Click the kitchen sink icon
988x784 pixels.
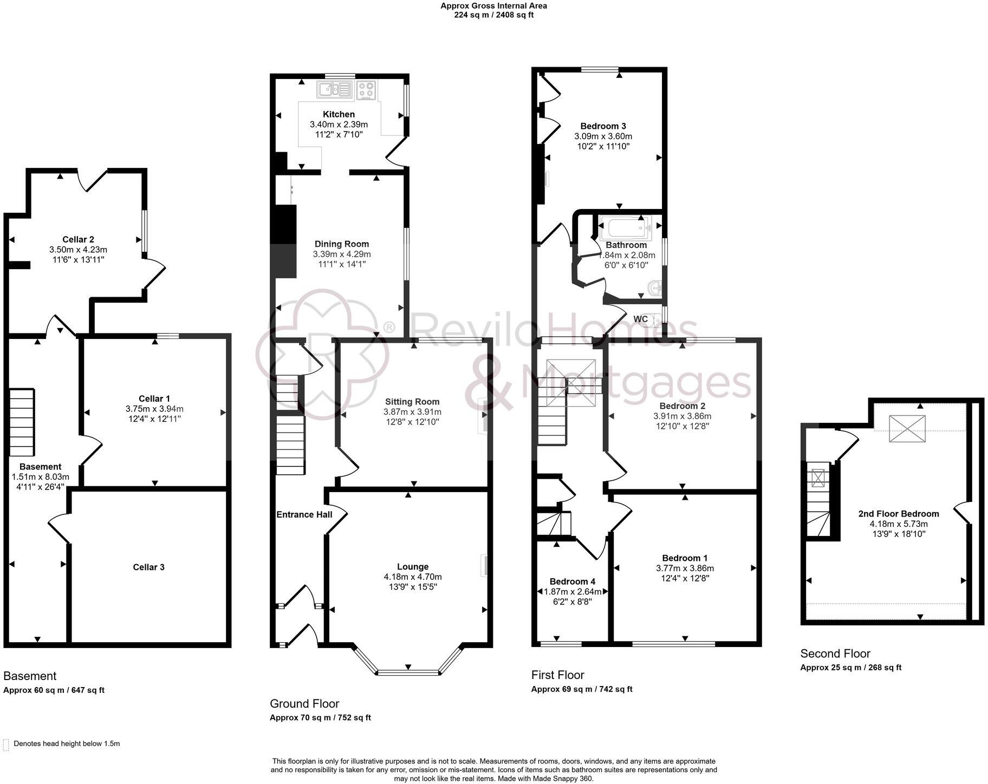click(334, 90)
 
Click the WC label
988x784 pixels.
click(640, 319)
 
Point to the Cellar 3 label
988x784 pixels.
click(148, 567)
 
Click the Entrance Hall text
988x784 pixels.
click(304, 514)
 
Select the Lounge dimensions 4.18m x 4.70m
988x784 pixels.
click(412, 577)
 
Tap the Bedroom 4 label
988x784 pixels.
click(572, 582)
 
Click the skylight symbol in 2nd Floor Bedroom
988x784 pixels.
click(907, 428)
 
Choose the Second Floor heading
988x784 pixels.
click(835, 654)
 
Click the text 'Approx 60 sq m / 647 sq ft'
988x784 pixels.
click(54, 690)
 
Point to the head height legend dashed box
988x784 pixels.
click(6, 744)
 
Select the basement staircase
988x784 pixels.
click(22, 422)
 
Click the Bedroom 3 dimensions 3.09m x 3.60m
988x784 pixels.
click(603, 136)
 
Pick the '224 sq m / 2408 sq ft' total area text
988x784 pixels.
click(493, 15)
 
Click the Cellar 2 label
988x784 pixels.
click(78, 239)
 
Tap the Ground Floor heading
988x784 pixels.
click(304, 703)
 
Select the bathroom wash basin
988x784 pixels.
click(656, 288)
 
